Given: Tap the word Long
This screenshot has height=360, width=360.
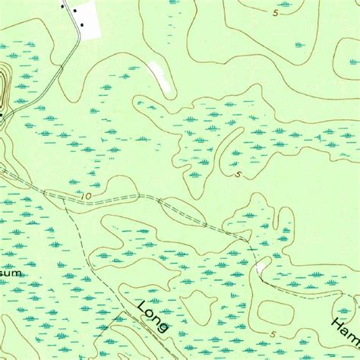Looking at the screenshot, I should tap(154, 316).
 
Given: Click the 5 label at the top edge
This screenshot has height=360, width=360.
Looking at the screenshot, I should tap(274, 12).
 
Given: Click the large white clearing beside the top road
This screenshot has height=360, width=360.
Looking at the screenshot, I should tap(88, 19).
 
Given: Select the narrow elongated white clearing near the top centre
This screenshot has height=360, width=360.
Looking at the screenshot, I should tap(159, 74).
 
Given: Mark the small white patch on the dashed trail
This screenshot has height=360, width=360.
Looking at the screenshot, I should tap(262, 265).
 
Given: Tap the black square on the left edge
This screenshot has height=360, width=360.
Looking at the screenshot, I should tap(2, 115).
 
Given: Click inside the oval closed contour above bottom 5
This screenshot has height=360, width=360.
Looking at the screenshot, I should tap(276, 311).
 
